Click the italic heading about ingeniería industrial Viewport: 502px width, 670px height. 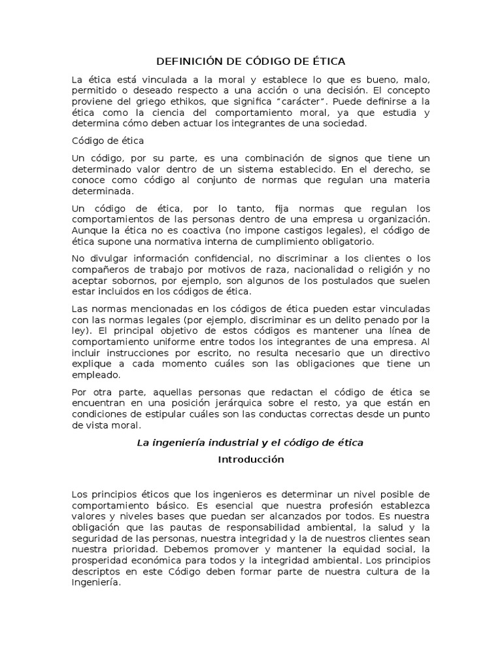[250, 443]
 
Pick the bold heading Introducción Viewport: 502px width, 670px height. [250, 459]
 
